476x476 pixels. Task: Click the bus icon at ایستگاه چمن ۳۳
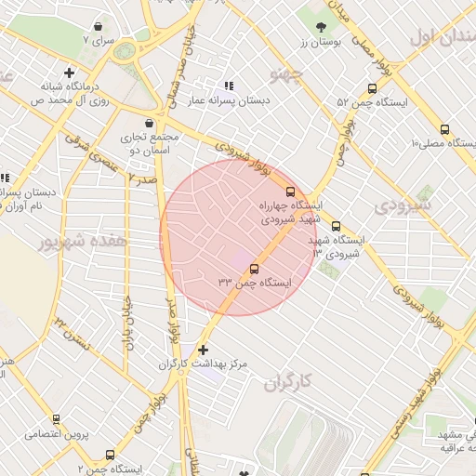(x=254, y=270)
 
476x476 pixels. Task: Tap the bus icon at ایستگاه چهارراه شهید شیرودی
(x=291, y=192)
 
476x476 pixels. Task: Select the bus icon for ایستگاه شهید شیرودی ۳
(x=336, y=226)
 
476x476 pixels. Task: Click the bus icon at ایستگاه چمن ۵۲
(x=372, y=89)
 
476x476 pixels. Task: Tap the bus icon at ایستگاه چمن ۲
(x=110, y=456)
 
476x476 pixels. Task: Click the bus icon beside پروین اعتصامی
(x=56, y=420)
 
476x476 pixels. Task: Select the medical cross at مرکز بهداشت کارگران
(x=204, y=350)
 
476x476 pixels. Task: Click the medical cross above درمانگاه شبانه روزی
(x=70, y=73)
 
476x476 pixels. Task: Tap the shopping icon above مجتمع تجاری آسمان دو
(x=150, y=123)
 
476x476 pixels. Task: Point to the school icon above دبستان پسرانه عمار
(x=229, y=86)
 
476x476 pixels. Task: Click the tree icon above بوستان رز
(x=322, y=27)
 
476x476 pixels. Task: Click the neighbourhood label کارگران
(x=285, y=382)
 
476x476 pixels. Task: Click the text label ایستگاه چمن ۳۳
(x=255, y=282)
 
